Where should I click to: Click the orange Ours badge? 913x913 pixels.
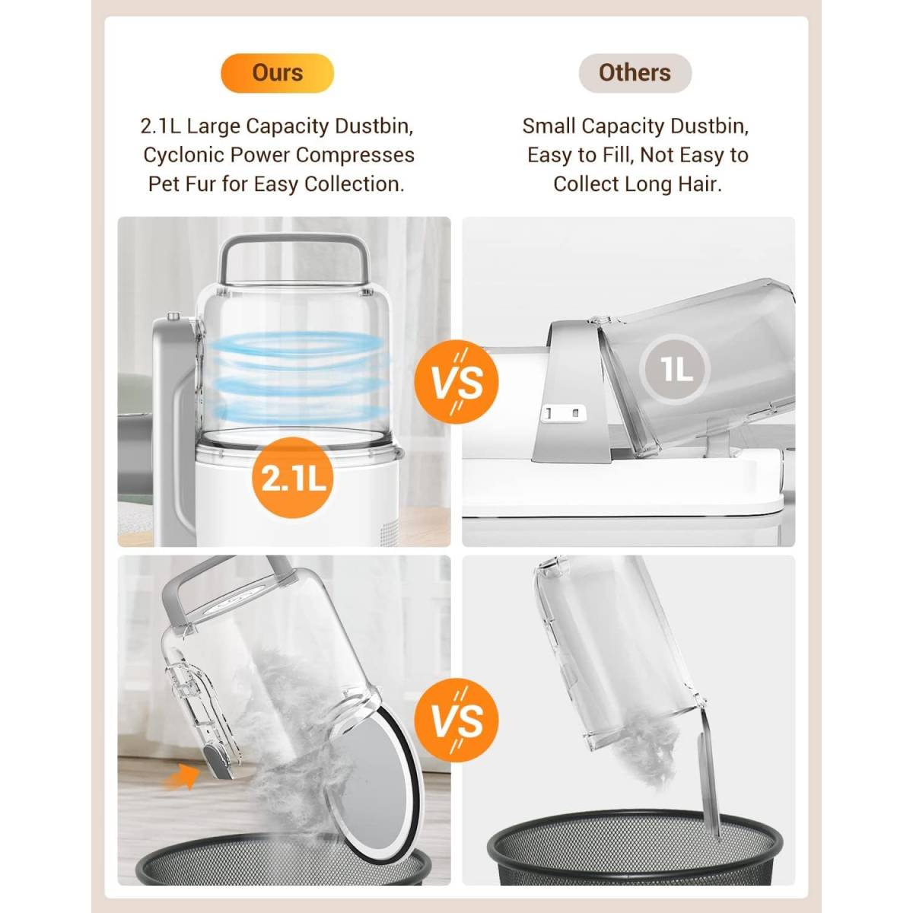pyautogui.click(x=277, y=73)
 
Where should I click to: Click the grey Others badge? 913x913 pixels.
pyautogui.click(x=635, y=73)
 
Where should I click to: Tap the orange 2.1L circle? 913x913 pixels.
pyautogui.click(x=293, y=479)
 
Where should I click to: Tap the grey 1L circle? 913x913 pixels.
pyautogui.click(x=675, y=369)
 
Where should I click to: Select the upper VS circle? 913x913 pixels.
pyautogui.click(x=456, y=381)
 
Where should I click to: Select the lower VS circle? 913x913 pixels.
pyautogui.click(x=456, y=720)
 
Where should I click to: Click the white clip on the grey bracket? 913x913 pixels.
pyautogui.click(x=563, y=413)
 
